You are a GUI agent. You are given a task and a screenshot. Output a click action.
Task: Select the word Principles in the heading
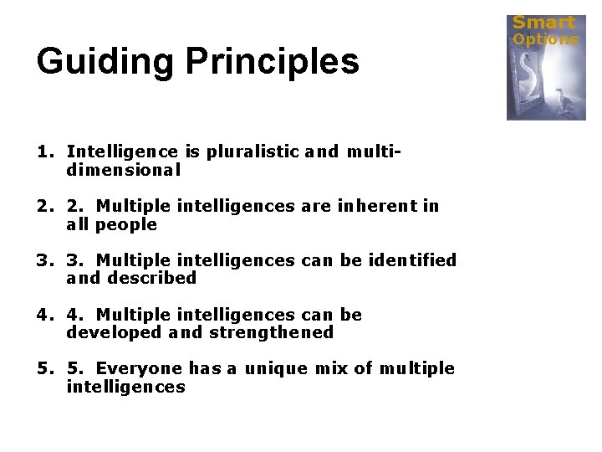[273, 61]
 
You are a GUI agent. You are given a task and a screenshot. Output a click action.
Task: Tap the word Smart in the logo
[543, 23]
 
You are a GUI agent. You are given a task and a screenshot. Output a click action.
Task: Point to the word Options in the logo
[545, 39]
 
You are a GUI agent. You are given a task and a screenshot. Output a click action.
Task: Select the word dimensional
[123, 170]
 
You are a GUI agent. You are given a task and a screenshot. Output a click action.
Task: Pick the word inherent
[373, 206]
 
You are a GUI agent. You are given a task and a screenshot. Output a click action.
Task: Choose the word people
[126, 224]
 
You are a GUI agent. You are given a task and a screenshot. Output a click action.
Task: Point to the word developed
[115, 332]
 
